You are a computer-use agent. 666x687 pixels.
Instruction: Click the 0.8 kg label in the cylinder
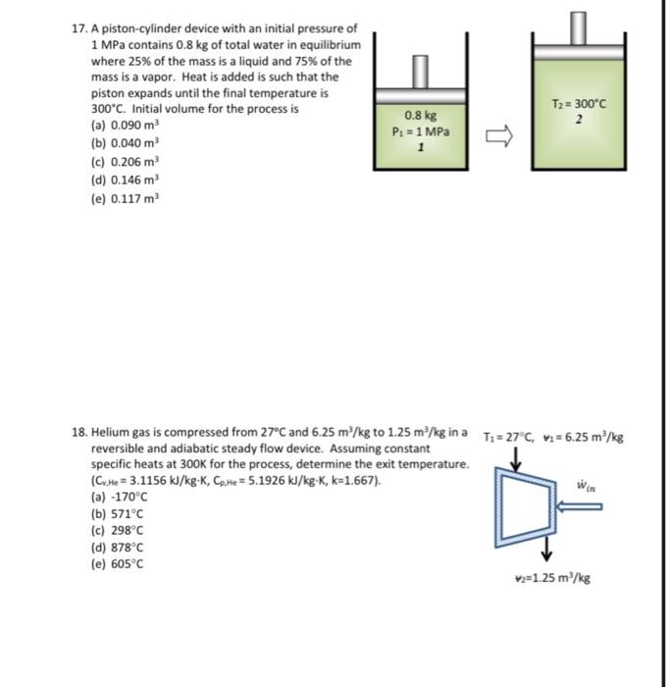click(x=419, y=116)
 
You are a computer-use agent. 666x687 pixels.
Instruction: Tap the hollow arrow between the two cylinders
click(x=496, y=136)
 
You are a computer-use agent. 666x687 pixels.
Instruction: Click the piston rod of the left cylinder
click(x=420, y=70)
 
